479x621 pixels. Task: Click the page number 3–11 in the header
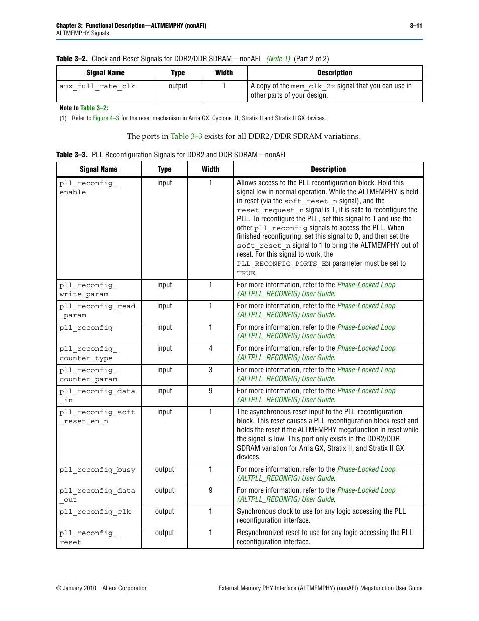(416, 26)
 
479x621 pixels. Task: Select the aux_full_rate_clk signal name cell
(97, 86)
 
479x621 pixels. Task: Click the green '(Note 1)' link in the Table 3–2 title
(278, 59)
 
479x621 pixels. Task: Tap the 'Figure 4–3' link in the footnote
(106, 118)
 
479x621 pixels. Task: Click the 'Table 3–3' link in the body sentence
(186, 136)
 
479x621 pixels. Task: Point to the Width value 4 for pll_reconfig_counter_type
(210, 348)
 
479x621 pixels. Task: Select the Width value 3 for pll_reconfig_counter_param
(210, 370)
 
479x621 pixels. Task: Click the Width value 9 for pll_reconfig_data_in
(210, 391)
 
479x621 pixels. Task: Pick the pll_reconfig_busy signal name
(97, 470)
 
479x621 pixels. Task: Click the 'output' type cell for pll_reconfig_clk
(164, 511)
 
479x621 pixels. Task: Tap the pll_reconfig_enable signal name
(88, 188)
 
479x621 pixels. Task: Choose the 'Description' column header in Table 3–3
(328, 170)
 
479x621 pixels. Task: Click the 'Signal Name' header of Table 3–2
(105, 73)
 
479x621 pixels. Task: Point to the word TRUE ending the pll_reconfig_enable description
(246, 273)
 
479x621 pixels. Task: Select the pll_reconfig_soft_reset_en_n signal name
(97, 417)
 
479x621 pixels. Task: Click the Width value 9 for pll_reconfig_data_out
(210, 490)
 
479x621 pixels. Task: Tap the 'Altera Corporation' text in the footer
(125, 588)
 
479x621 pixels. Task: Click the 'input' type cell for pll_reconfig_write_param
(164, 285)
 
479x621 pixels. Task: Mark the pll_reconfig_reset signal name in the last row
(88, 538)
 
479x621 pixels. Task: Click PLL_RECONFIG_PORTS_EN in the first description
(284, 264)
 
